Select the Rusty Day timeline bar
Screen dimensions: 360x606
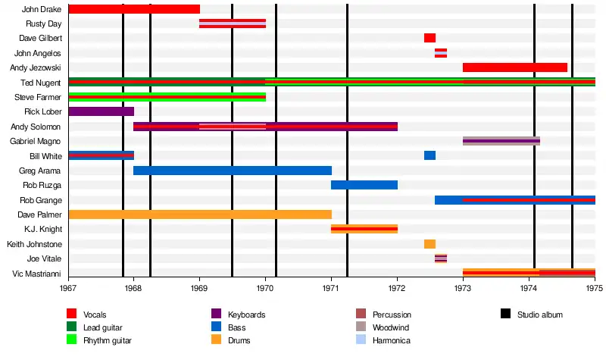click(x=232, y=23)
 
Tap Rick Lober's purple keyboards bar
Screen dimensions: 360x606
click(x=101, y=111)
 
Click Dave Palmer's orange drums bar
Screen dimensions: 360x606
click(x=200, y=214)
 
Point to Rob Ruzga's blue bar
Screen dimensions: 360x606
click(x=364, y=185)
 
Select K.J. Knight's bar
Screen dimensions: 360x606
click(x=364, y=229)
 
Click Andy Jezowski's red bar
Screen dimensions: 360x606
click(x=514, y=67)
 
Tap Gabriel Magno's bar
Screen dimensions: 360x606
click(x=501, y=141)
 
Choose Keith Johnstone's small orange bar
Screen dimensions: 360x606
click(x=430, y=244)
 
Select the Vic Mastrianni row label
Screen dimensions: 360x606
click(x=43, y=274)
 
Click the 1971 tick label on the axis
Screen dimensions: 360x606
click(x=331, y=289)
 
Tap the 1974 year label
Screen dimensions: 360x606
click(x=529, y=289)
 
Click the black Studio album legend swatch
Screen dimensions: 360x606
click(x=505, y=314)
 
